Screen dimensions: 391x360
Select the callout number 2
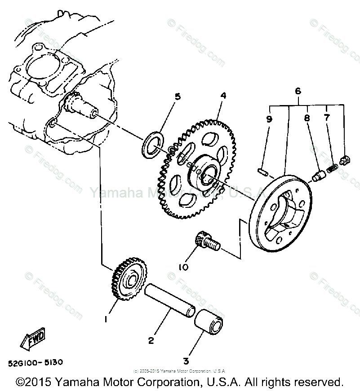151,341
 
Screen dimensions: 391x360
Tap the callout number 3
186,361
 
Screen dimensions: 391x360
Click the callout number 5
178,97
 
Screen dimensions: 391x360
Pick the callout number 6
298,91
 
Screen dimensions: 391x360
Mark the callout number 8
307,119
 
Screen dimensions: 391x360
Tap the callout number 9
269,119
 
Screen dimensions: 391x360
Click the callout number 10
183,267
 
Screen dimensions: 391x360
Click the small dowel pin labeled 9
264,171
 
